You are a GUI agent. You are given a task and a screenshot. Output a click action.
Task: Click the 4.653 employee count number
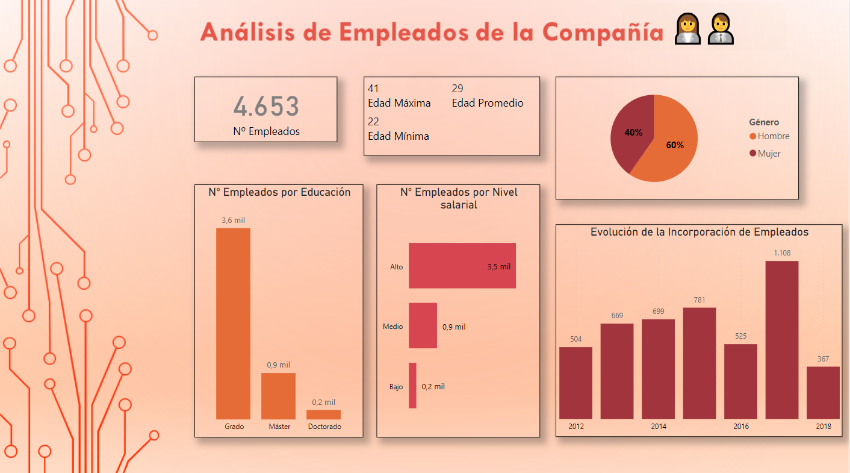coord(266,107)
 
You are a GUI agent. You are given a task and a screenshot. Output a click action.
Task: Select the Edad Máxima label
coord(399,103)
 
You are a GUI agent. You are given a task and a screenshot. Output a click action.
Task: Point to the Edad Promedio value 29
coord(458,89)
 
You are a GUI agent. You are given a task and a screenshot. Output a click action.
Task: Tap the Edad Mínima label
coord(399,136)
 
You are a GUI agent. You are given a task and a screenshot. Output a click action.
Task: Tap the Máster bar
coord(278,396)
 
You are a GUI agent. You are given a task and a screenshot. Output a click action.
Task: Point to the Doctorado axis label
coord(324,427)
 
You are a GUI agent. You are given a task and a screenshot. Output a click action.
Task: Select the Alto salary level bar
coord(462,266)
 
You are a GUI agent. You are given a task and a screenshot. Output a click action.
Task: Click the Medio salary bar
coord(423,325)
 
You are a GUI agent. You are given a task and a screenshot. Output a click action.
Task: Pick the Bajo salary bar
coord(412,385)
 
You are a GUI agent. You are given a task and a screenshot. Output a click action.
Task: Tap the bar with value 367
coord(823,392)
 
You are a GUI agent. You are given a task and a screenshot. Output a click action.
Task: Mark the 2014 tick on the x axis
coord(659,427)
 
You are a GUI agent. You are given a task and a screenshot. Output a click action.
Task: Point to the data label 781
coord(700,300)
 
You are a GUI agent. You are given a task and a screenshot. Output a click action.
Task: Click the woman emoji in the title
coord(687,30)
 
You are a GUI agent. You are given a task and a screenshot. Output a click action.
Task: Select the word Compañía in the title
coord(602,32)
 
